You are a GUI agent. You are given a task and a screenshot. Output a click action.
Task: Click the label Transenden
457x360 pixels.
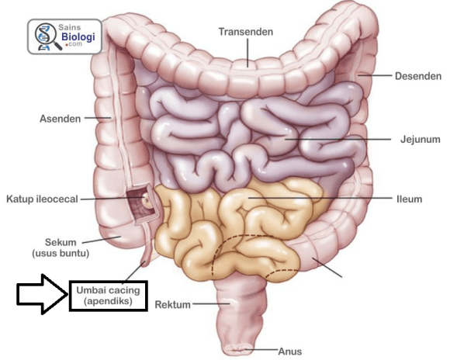246,32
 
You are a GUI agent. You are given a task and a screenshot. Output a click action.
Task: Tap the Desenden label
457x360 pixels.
418,76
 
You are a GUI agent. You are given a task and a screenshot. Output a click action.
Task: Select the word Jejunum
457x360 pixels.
420,140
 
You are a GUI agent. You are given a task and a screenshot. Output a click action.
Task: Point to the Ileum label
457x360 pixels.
409,199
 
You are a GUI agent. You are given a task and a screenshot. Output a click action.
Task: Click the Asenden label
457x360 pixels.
60,119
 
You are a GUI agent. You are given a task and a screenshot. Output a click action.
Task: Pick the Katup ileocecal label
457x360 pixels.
42,199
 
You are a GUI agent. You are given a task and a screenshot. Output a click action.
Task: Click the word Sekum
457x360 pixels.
61,242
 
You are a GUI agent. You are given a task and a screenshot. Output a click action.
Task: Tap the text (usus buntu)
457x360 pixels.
61,253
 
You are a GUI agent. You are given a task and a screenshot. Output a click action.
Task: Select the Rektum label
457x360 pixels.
172,305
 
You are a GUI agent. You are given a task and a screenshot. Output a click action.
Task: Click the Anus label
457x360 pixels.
289,351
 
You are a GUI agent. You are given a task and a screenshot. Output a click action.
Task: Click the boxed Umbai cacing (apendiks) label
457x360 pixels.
108,296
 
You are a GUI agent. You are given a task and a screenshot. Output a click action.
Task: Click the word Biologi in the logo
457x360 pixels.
78,37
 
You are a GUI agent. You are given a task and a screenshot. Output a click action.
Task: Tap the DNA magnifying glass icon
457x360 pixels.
47,36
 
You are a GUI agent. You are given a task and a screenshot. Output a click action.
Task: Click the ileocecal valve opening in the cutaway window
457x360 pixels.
147,199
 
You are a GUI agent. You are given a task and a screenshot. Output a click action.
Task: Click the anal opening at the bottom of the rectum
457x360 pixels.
237,348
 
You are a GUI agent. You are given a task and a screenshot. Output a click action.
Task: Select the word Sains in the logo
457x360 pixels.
69,27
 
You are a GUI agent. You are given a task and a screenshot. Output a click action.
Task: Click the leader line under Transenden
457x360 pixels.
248,53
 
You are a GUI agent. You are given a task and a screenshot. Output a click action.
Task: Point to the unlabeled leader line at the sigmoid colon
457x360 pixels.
327,267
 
